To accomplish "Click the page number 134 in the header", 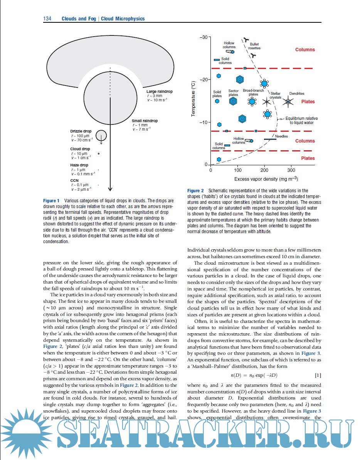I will [x=47, y=18].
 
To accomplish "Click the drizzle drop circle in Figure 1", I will [x=101, y=135].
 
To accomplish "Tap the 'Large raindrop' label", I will [x=160, y=92].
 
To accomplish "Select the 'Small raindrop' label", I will [x=145, y=121].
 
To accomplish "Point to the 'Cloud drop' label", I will [x=80, y=149].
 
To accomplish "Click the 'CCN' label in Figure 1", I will [x=74, y=180].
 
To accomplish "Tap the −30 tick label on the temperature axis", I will [x=204, y=37].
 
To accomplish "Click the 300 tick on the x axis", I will [x=291, y=170].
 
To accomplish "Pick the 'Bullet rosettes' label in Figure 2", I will [x=254, y=46].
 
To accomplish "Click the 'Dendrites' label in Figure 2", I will [x=297, y=94].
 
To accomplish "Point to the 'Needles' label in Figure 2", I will [x=281, y=136].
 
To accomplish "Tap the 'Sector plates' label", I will [x=234, y=93].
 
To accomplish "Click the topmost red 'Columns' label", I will [x=305, y=50].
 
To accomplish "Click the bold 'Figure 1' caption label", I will [x=51, y=201].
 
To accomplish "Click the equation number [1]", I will [x=318, y=375].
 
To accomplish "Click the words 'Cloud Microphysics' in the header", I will [x=123, y=18].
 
